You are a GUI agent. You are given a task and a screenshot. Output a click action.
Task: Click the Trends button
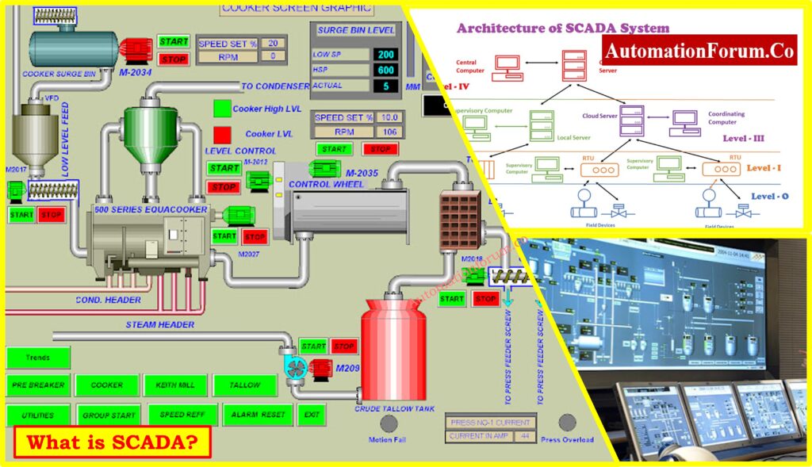tap(38, 358)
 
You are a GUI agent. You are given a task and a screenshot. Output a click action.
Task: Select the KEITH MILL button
tap(175, 385)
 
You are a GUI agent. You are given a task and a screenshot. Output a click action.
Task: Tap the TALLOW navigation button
tap(244, 385)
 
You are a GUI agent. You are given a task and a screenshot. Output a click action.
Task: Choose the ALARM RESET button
tap(257, 414)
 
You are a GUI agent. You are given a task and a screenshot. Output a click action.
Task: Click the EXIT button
tap(310, 414)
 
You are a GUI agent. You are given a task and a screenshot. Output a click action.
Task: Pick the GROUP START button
tap(109, 415)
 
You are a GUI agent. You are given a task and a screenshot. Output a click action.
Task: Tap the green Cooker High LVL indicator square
tap(222, 109)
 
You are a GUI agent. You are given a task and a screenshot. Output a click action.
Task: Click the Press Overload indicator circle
tap(566, 422)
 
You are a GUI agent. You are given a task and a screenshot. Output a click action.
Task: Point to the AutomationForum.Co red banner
tap(699, 51)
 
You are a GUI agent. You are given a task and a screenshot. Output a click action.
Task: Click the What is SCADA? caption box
tap(113, 442)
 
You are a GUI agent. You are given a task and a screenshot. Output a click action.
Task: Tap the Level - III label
tap(743, 138)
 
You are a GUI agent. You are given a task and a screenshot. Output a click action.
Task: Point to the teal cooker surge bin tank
tap(71, 49)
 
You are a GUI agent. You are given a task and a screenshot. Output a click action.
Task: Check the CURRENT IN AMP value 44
tap(523, 436)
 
